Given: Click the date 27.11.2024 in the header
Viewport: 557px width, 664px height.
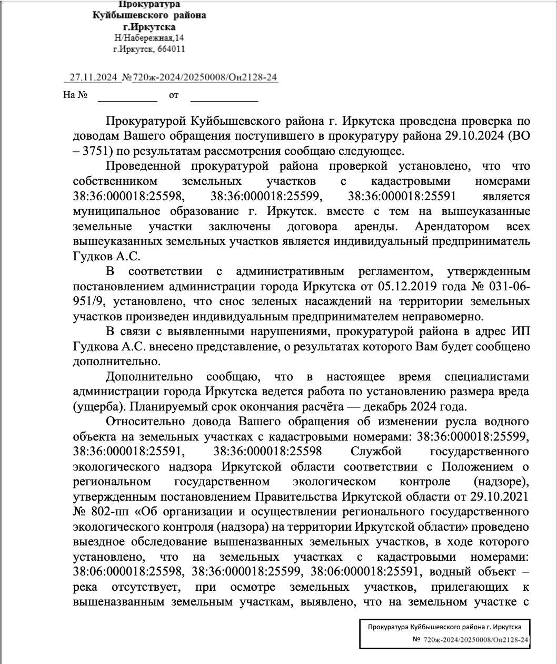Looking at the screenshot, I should point(93,77).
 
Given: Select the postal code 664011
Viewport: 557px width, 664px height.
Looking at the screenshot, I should point(171,50).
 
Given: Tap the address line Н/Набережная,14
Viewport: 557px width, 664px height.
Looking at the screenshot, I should point(149,38).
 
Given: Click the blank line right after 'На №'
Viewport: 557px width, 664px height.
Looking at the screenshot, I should point(127,97).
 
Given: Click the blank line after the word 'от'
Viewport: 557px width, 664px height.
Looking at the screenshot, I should point(224,97).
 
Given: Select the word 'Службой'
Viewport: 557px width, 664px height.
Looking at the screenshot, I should point(376,452).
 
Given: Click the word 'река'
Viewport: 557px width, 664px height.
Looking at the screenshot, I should point(86,587).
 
